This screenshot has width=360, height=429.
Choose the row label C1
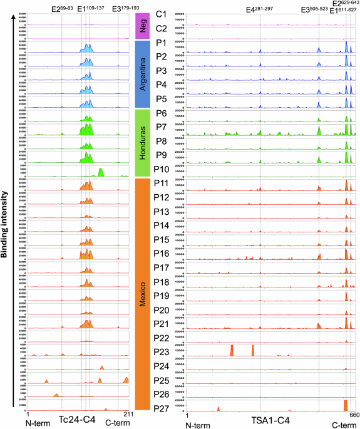tap(161, 14)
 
